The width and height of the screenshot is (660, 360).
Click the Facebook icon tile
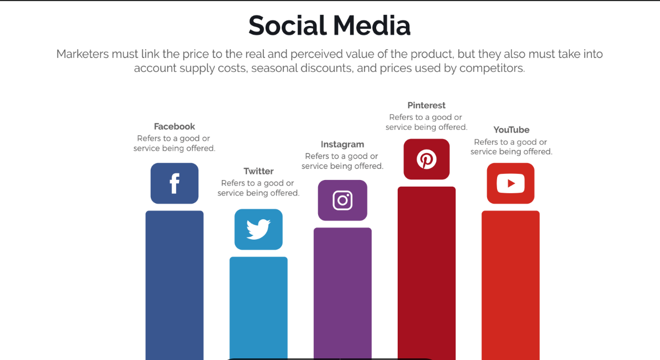175,183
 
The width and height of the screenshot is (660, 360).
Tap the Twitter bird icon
258,229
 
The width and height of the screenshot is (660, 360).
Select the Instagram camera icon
342,200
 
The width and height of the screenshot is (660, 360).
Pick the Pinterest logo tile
426,159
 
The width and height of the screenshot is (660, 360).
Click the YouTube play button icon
510,183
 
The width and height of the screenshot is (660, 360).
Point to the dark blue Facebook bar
175,285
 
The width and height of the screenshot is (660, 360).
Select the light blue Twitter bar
258,308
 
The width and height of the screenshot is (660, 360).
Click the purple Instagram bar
342,294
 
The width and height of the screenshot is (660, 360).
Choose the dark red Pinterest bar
426,273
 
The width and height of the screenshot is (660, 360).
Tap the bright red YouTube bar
510,285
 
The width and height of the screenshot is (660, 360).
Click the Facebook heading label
175,126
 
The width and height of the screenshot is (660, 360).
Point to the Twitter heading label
258,171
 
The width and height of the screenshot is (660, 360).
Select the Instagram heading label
342,145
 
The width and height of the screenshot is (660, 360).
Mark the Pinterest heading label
426,105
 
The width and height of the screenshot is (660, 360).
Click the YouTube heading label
511,130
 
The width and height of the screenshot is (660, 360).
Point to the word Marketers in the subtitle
82,54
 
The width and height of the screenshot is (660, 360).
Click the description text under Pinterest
426,122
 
